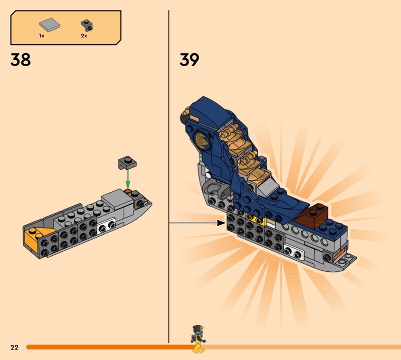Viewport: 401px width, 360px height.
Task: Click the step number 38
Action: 21,60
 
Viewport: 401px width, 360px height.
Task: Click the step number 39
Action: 189,60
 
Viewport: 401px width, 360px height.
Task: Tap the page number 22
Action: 15,347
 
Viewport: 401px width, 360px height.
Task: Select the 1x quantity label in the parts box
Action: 42,36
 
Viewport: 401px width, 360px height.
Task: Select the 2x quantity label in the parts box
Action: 84,36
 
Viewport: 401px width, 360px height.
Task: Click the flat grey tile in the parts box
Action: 50,25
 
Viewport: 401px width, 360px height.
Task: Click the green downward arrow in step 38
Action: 128,179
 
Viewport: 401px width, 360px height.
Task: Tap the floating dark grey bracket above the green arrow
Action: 127,162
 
